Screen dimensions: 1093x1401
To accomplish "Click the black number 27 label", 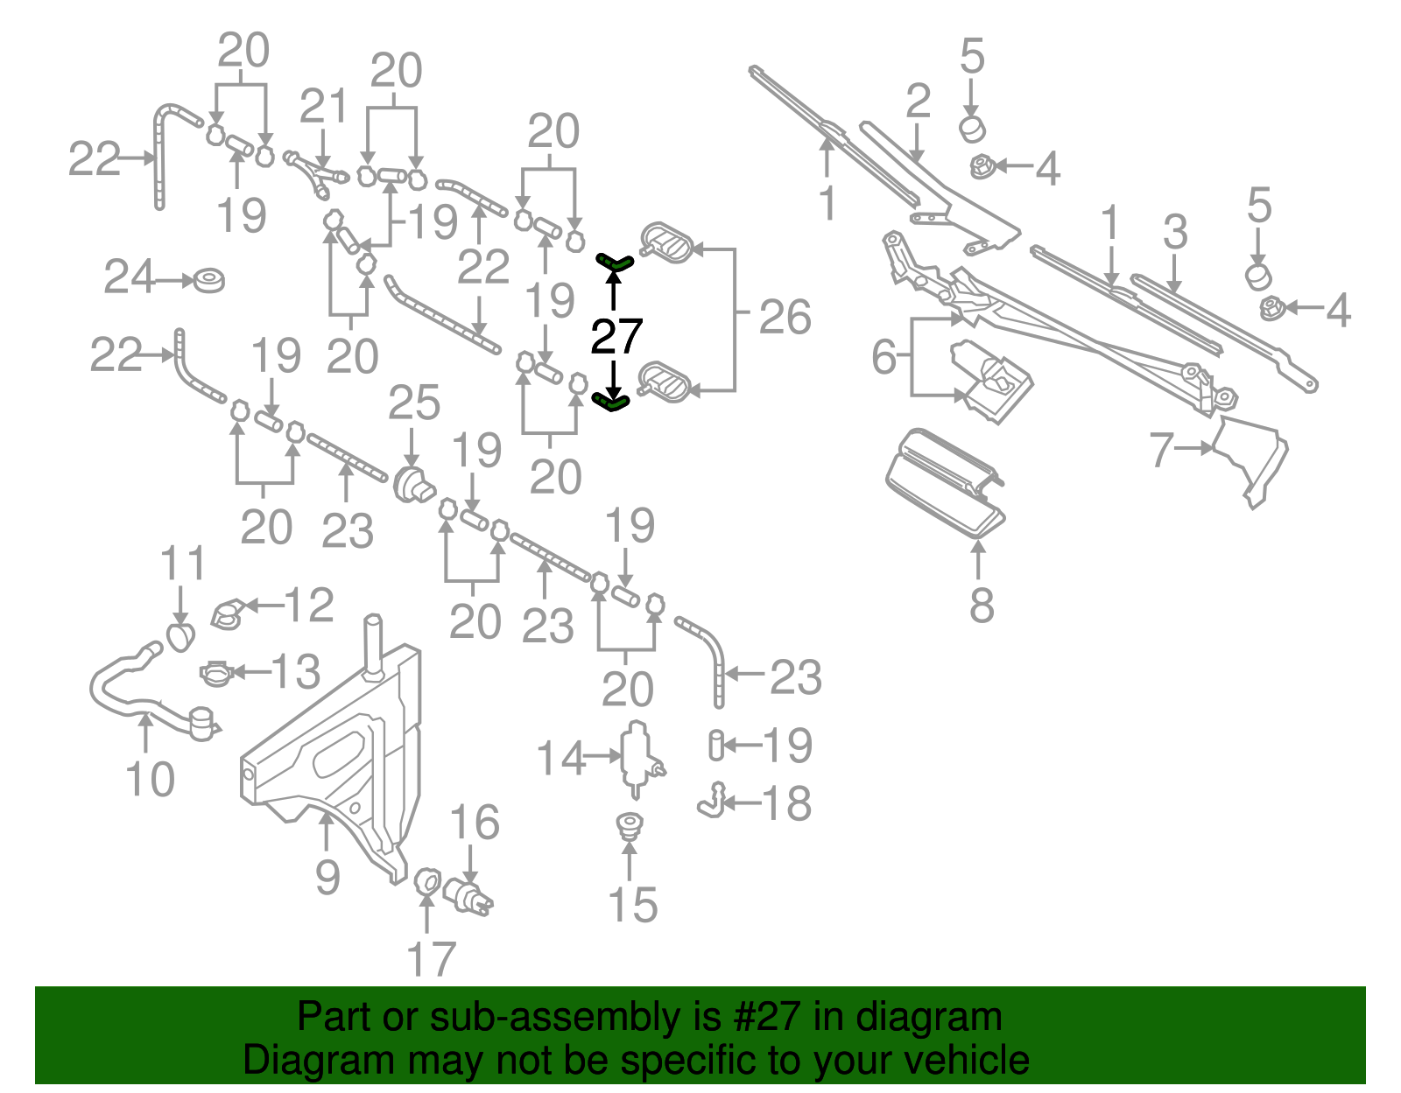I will click(x=616, y=336).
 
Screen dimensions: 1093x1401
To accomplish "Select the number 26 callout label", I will click(x=785, y=317).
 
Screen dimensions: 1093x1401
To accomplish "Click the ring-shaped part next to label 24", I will click(x=209, y=281).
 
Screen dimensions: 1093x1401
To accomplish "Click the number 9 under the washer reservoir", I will click(x=327, y=876).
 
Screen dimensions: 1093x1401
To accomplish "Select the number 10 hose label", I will click(x=150, y=779).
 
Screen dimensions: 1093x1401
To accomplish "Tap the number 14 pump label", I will click(x=560, y=758).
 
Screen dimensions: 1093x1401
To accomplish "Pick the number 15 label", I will click(x=632, y=905).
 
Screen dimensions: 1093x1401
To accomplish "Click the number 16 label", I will click(x=474, y=823).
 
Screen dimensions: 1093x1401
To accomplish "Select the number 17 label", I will click(x=431, y=959).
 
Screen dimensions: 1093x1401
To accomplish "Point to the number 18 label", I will click(x=786, y=803).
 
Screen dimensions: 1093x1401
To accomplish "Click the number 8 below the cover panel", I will click(x=982, y=606).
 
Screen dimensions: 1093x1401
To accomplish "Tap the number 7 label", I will click(x=1161, y=450).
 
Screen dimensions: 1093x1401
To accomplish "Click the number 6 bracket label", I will click(x=884, y=356).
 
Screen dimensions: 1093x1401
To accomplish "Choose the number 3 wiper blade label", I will click(x=1175, y=232).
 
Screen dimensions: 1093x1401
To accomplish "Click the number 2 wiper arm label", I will click(x=918, y=102).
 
